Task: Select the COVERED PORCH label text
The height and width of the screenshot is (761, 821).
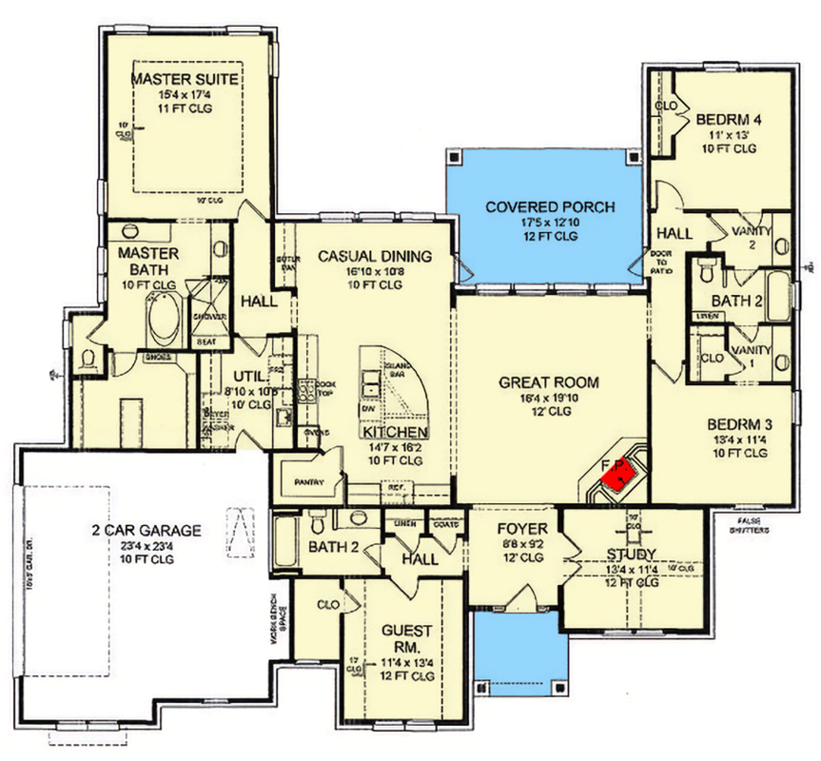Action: point(550,206)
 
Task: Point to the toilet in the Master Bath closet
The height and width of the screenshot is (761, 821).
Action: point(88,359)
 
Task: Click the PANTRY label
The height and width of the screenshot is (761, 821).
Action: point(304,482)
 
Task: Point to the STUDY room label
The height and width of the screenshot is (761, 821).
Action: point(631,554)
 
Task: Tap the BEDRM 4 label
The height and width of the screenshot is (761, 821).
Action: point(729,120)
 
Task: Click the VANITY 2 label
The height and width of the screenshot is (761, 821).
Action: point(752,237)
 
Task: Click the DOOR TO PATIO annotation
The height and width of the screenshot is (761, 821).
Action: point(660,262)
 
